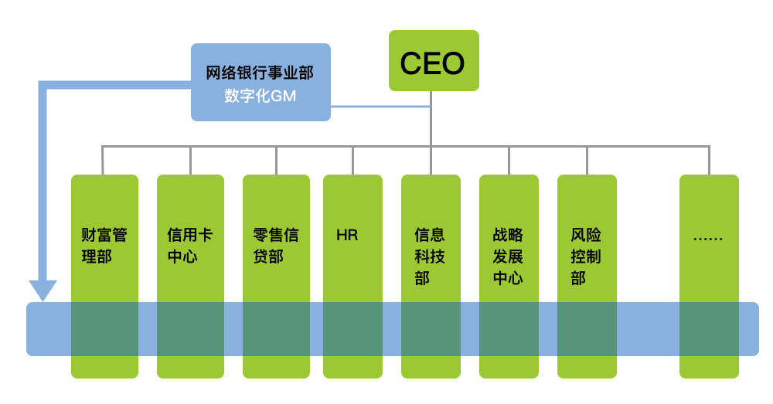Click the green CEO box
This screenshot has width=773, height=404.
click(433, 60)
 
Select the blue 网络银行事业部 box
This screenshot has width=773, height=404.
click(261, 82)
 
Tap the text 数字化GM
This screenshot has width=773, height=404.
click(261, 97)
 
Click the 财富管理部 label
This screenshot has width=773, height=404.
click(104, 246)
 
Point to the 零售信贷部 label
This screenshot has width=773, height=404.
click(275, 246)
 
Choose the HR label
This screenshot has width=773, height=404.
click(347, 235)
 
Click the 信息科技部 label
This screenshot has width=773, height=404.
click(430, 256)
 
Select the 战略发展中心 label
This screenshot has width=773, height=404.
click(508, 256)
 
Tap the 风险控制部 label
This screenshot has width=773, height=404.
click(586, 256)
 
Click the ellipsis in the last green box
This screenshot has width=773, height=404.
click(708, 236)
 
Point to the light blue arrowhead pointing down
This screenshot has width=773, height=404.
click(43, 291)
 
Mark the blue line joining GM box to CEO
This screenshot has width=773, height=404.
click(379, 106)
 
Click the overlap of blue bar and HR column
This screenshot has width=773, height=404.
click(352, 328)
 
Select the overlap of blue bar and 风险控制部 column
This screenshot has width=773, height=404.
click(587, 328)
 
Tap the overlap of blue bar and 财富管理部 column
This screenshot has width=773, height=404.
click(104, 328)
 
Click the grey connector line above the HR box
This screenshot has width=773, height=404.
click(352, 160)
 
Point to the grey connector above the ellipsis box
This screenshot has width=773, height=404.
click(709, 160)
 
